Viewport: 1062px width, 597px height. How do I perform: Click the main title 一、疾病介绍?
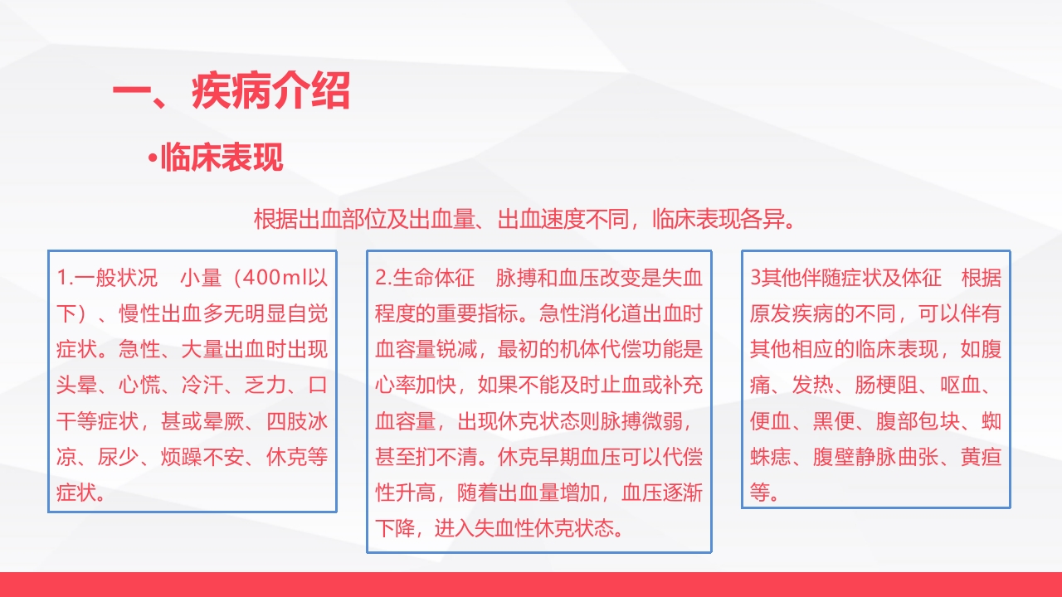coord(231,92)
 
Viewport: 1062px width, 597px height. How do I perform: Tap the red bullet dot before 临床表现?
coord(153,158)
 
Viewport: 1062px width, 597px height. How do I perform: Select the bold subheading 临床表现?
coord(222,157)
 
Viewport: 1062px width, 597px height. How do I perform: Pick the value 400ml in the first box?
coord(274,277)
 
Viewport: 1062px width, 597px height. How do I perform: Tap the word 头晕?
coord(76,386)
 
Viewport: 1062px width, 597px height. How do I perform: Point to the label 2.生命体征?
coord(425,277)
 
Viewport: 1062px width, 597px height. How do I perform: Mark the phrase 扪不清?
coord(455,457)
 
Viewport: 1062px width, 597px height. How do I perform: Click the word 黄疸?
coord(981,457)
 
